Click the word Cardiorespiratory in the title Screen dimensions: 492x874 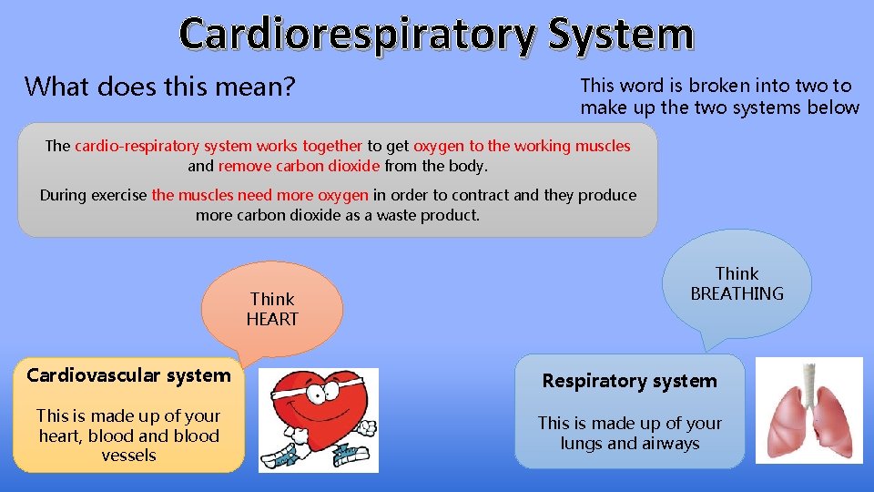(357, 35)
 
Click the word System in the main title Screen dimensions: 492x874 (621, 35)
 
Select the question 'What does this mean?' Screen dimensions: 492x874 (159, 87)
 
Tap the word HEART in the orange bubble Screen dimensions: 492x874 (272, 320)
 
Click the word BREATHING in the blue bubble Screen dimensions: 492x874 (737, 293)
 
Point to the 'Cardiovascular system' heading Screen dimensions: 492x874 (128, 375)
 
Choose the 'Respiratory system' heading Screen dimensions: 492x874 (629, 381)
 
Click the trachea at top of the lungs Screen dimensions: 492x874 (808, 377)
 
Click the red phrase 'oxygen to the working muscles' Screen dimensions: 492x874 (522, 146)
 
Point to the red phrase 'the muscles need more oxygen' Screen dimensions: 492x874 (259, 195)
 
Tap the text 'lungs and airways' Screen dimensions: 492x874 (629, 444)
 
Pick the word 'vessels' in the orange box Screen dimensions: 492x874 (128, 456)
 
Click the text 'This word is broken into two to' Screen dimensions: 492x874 (716, 86)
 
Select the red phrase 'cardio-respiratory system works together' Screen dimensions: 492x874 (218, 146)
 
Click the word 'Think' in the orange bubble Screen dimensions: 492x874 (272, 300)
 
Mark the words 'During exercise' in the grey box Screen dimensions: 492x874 (93, 195)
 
